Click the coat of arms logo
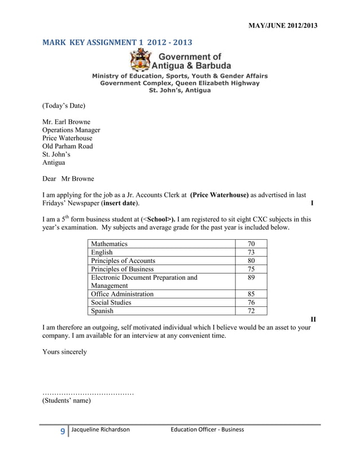(x=140, y=60)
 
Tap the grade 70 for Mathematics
(x=251, y=244)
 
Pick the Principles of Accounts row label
(x=122, y=261)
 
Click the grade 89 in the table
(x=251, y=278)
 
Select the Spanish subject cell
(x=102, y=310)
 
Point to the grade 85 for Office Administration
(x=251, y=294)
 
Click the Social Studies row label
(x=111, y=302)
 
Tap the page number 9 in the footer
(x=63, y=432)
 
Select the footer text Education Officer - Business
(x=207, y=430)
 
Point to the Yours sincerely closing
(x=65, y=351)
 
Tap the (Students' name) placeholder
(x=67, y=401)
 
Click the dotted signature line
(x=88, y=392)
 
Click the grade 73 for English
(x=251, y=252)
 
